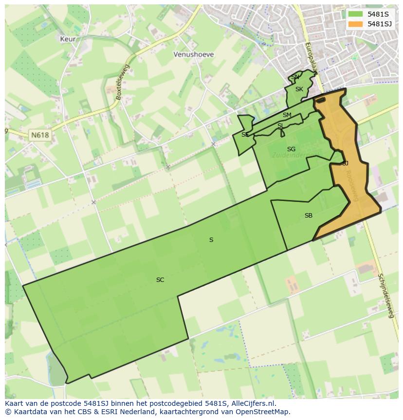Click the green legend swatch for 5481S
click(x=356, y=14)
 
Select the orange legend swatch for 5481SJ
click(x=356, y=24)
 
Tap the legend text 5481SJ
click(x=380, y=24)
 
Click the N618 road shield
click(x=39, y=135)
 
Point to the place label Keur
click(x=68, y=39)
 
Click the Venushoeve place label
click(x=194, y=55)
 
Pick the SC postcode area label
click(x=160, y=280)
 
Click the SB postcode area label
click(x=309, y=216)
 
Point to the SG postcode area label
click(x=291, y=149)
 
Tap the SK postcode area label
click(x=299, y=89)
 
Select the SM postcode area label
click(x=287, y=116)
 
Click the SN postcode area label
click(x=295, y=78)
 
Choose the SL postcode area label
click(x=280, y=126)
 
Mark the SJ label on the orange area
click(x=345, y=163)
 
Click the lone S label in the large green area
click(x=211, y=240)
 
